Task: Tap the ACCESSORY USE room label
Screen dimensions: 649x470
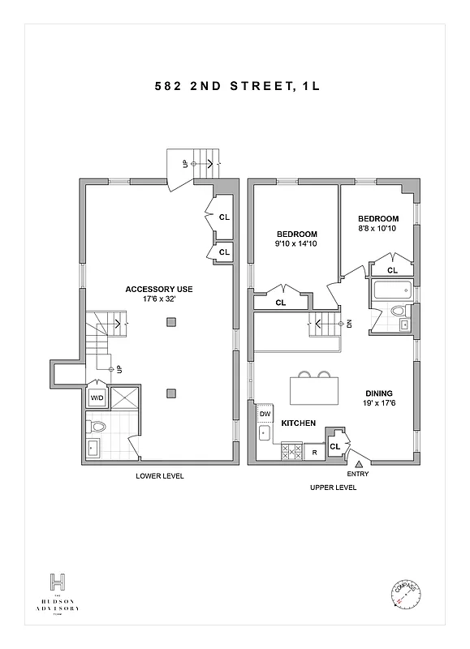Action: coord(158,289)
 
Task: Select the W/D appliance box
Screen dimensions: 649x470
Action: coord(97,398)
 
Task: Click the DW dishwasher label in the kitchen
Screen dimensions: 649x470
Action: coord(265,414)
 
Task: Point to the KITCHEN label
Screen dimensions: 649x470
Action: coord(298,423)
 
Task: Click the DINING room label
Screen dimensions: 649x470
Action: coord(378,391)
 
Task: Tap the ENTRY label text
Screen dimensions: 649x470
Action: coord(358,473)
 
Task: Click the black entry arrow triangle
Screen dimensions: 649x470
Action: coord(358,462)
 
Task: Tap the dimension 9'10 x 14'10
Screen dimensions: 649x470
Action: coord(295,243)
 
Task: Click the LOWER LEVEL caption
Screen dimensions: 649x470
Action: coord(159,476)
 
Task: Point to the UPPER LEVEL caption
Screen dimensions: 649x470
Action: coord(333,488)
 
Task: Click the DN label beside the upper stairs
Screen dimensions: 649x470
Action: coord(349,324)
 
